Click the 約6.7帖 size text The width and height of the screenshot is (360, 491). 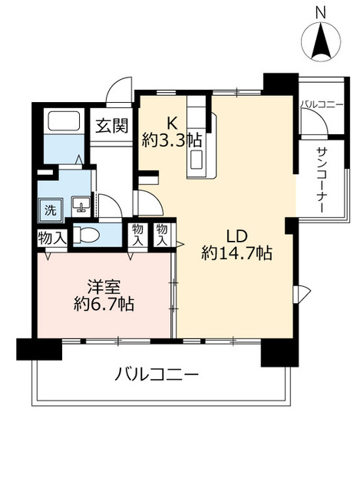pyautogui.click(x=104, y=305)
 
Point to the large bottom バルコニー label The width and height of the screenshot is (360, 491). pyautogui.click(x=157, y=375)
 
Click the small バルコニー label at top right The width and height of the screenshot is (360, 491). pyautogui.click(x=322, y=104)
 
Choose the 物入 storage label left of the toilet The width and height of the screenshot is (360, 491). pyautogui.click(x=51, y=238)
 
